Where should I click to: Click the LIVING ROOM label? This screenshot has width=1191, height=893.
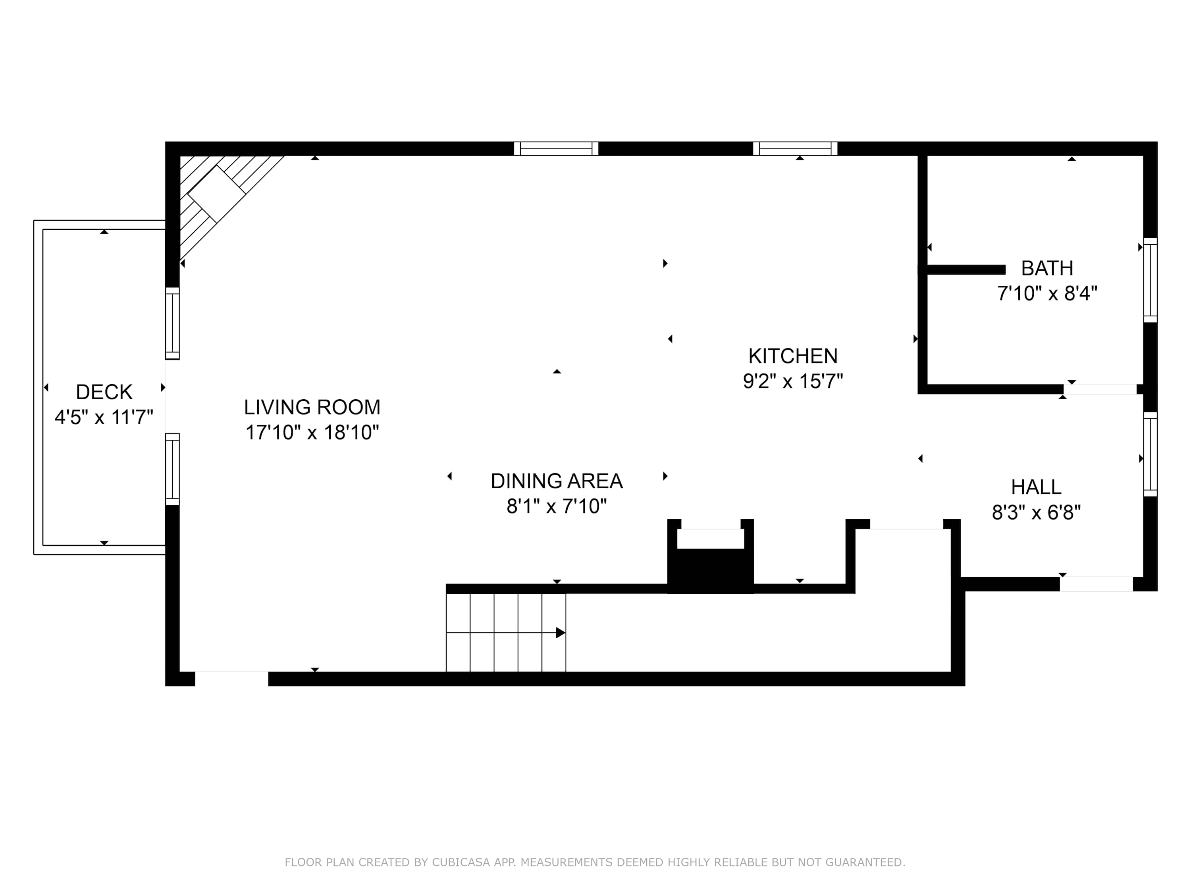tap(312, 408)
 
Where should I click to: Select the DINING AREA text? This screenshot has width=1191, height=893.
tap(557, 481)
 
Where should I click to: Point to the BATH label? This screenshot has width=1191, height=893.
tap(1047, 268)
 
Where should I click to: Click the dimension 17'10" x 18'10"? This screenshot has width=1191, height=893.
tap(312, 433)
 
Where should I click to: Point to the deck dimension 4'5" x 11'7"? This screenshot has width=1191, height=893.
tap(104, 417)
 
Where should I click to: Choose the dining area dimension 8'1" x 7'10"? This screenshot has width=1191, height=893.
tap(557, 506)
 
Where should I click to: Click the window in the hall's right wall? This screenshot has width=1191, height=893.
tap(1150, 454)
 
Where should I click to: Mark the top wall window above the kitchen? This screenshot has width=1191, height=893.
tap(795, 148)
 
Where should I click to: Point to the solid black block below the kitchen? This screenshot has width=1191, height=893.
tap(711, 571)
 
